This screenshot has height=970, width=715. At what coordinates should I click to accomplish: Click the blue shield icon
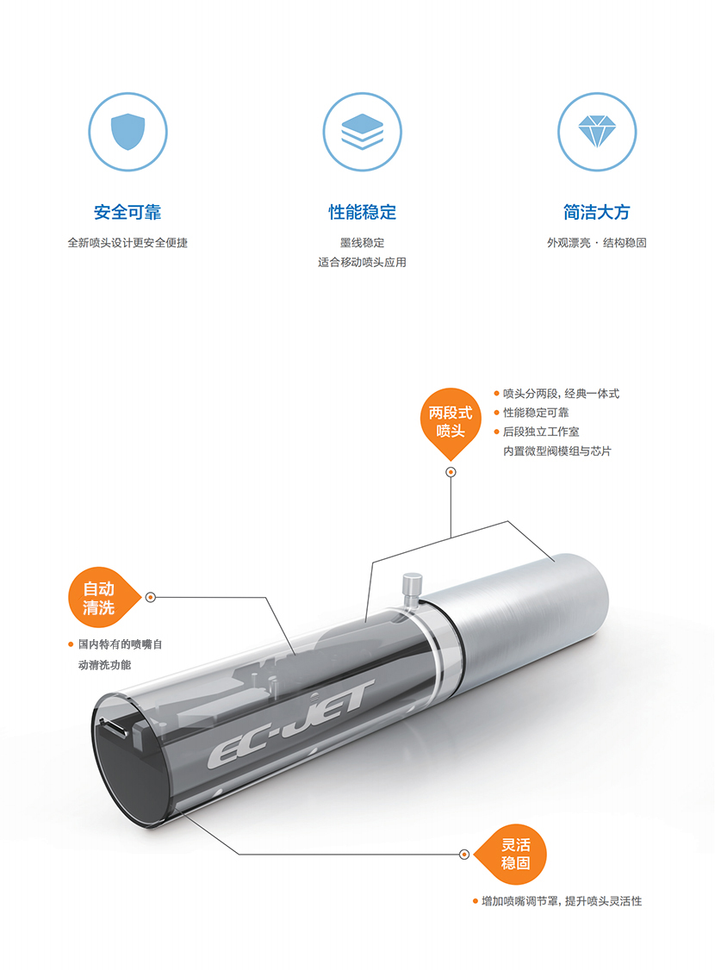(x=127, y=132)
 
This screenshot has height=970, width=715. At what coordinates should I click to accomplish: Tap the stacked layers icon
(x=363, y=132)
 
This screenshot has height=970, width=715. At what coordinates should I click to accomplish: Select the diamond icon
(x=597, y=132)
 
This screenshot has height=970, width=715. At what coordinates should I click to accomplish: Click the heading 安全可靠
(x=127, y=212)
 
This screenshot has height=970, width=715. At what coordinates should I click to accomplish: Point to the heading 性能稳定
(x=363, y=212)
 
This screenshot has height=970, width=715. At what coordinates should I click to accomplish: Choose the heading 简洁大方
(x=597, y=212)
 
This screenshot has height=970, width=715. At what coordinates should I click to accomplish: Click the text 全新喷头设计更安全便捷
(x=127, y=243)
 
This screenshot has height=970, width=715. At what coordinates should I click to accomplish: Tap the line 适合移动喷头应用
(x=363, y=262)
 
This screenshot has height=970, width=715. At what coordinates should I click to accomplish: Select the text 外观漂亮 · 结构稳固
(x=597, y=243)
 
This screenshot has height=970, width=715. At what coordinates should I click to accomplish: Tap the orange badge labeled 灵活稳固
(x=513, y=855)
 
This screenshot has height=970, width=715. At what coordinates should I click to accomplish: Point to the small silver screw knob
(x=412, y=589)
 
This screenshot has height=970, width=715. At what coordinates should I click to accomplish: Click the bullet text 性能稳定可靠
(x=536, y=413)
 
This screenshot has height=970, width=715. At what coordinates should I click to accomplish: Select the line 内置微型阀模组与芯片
(x=556, y=451)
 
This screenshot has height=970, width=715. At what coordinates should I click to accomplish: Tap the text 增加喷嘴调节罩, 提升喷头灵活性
(x=562, y=901)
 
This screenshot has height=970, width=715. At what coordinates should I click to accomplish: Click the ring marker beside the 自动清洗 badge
(x=150, y=597)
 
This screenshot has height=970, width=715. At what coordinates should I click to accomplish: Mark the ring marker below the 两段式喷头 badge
(x=451, y=472)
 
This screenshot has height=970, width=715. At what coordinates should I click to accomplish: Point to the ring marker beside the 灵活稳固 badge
(x=464, y=855)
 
